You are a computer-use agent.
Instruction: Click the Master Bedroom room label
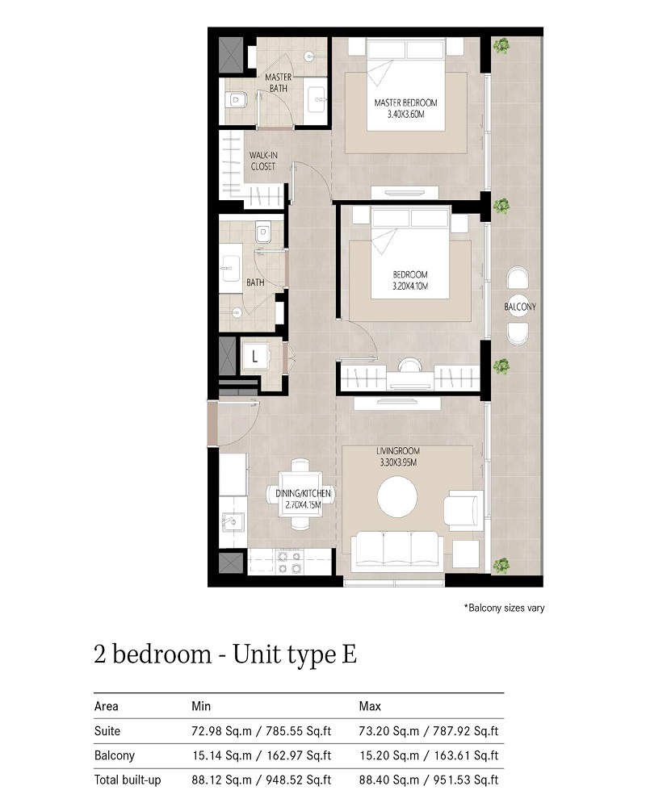tap(405, 102)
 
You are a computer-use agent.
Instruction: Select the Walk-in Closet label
tap(262, 161)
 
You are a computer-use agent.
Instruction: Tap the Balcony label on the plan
tap(520, 307)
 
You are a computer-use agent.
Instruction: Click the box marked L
tap(254, 355)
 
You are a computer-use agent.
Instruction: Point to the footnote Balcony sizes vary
tap(504, 608)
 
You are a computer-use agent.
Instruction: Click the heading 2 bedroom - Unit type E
tap(225, 654)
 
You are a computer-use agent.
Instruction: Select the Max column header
tap(370, 706)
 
